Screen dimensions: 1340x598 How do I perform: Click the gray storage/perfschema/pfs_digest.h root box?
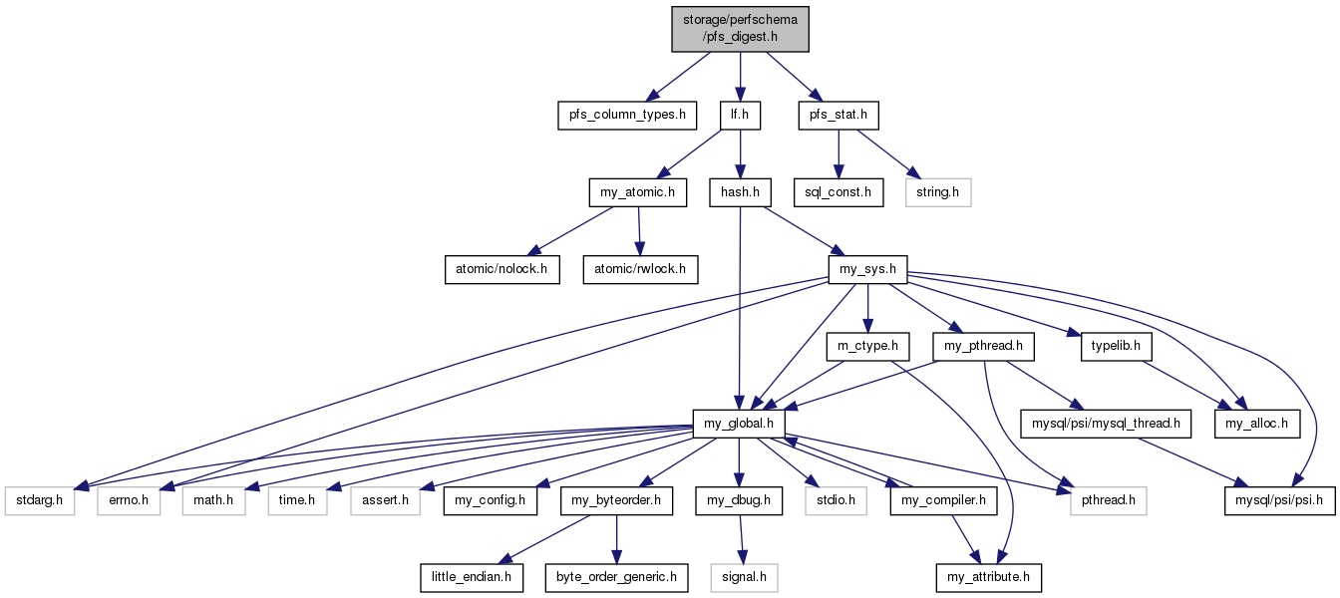[740, 29]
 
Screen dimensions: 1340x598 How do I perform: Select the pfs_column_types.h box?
[627, 115]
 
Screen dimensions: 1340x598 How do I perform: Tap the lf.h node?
[740, 115]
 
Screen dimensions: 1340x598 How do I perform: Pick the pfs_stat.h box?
[838, 115]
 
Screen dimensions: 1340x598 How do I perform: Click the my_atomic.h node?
[638, 192]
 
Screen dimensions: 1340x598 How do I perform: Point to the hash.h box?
[740, 192]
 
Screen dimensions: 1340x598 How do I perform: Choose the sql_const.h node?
[838, 192]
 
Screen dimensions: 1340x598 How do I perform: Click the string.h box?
[938, 192]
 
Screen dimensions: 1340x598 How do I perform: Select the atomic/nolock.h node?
[502, 270]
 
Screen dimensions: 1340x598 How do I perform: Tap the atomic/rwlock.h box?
[640, 270]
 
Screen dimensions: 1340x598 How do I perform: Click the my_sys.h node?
[867, 270]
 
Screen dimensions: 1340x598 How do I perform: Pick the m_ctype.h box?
[867, 346]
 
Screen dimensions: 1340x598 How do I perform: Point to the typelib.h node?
[1116, 346]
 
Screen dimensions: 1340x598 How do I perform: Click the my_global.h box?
[739, 424]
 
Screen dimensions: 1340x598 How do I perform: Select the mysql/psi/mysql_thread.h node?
[1106, 424]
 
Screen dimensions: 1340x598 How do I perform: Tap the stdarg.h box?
[40, 500]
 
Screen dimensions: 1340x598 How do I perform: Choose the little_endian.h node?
[472, 578]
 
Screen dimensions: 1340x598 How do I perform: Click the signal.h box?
[744, 578]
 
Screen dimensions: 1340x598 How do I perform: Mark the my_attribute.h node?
[988, 578]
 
